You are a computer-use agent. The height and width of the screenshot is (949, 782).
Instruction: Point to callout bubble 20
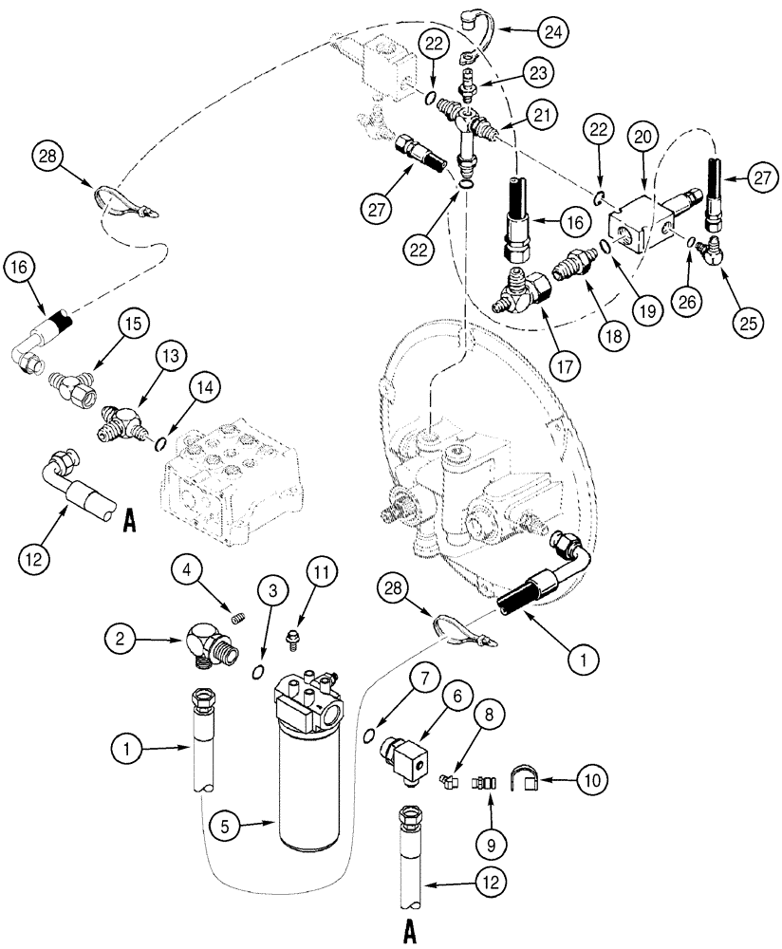pyautogui.click(x=643, y=138)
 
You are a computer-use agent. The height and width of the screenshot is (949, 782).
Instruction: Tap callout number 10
pyautogui.click(x=591, y=780)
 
